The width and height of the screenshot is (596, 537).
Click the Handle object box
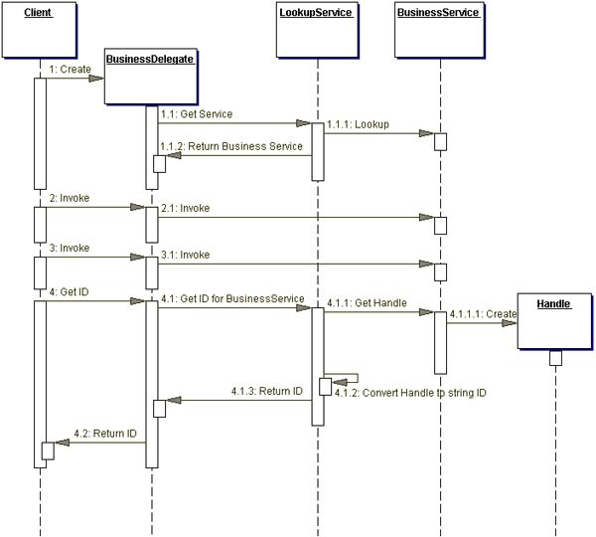554,319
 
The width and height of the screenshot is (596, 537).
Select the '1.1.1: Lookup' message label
359,124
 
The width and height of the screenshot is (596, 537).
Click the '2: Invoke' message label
69,198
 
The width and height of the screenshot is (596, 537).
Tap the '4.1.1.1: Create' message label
483,313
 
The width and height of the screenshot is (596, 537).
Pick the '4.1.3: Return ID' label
267,391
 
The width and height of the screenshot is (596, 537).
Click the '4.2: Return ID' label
105,434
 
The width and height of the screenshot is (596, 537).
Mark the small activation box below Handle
555,358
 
